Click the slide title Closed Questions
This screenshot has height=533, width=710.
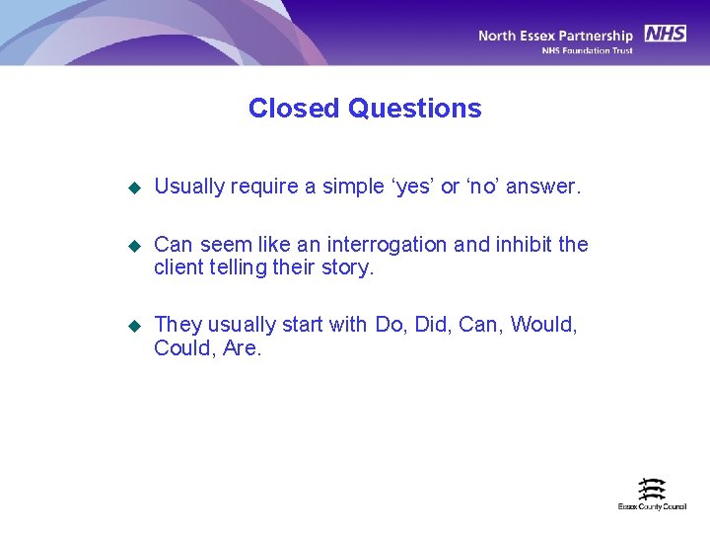[365, 109]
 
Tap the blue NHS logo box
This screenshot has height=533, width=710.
[666, 34]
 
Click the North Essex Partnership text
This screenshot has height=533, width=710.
[555, 36]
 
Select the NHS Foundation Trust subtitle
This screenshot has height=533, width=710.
[588, 50]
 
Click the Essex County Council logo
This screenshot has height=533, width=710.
[652, 494]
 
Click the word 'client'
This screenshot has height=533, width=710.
[178, 267]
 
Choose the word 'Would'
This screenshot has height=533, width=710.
[543, 324]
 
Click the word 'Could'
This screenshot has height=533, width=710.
[181, 347]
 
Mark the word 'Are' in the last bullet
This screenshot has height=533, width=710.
[241, 347]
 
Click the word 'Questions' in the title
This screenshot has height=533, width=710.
[414, 109]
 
